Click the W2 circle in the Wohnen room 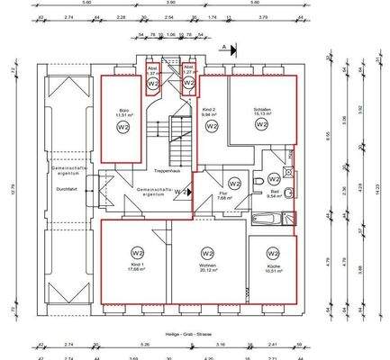click(x=207, y=253)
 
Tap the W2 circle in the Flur click(x=233, y=183)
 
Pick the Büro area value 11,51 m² click(x=122, y=115)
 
